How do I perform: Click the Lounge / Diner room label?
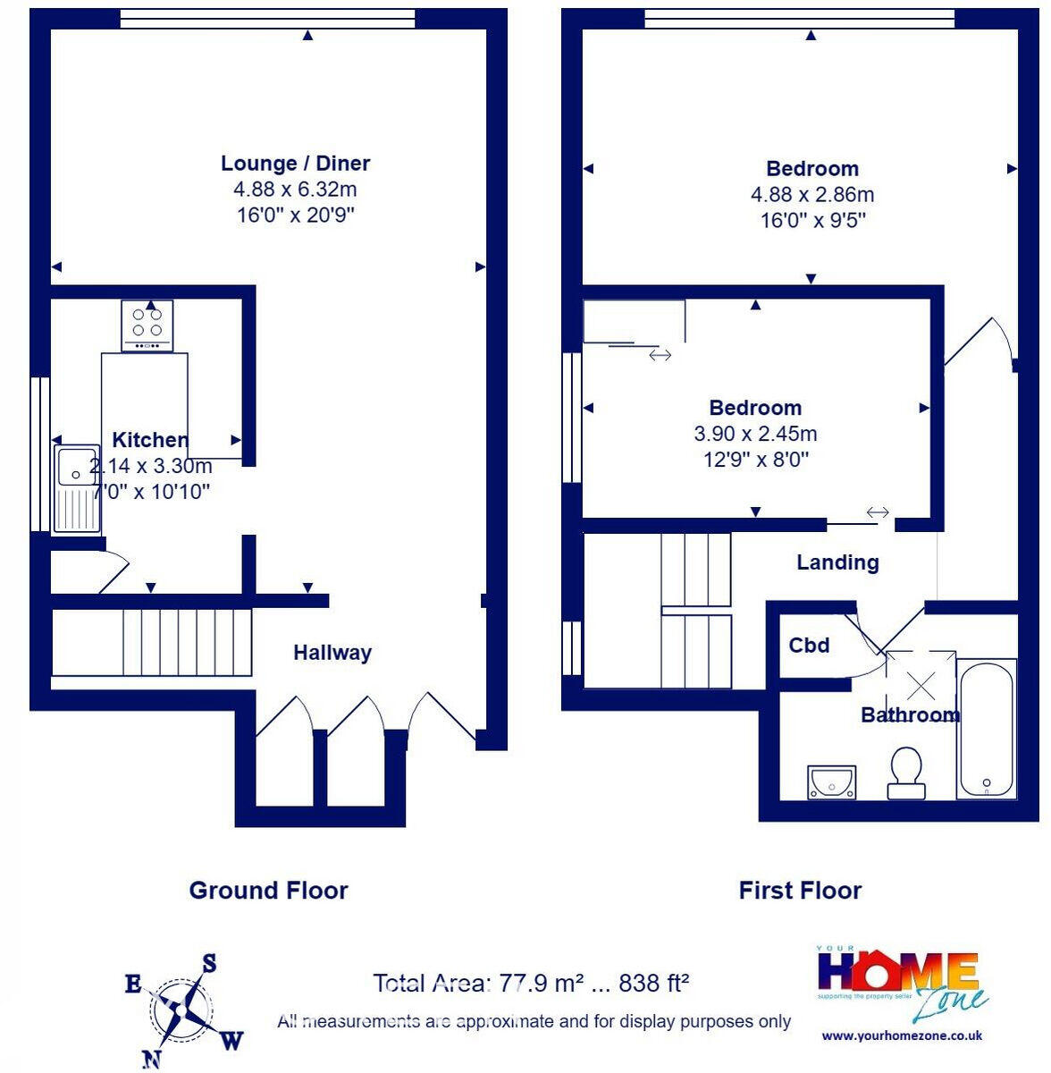click(295, 164)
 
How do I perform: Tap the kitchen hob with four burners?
click(147, 325)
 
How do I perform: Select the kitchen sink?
click(77, 489)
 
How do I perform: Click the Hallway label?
click(332, 653)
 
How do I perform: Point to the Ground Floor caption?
click(268, 891)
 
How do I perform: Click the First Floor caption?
click(800, 891)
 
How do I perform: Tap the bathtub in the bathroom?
click(986, 728)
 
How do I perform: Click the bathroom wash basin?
click(831, 782)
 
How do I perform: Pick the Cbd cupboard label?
click(809, 646)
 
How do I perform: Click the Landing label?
click(837, 562)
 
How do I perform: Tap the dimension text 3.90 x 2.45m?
click(755, 435)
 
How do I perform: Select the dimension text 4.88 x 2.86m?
click(812, 195)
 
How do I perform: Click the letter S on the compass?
click(209, 963)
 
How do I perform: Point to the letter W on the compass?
click(231, 1040)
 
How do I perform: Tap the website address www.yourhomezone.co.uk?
click(902, 1035)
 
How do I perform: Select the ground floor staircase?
click(151, 642)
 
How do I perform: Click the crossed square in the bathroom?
click(921, 686)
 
